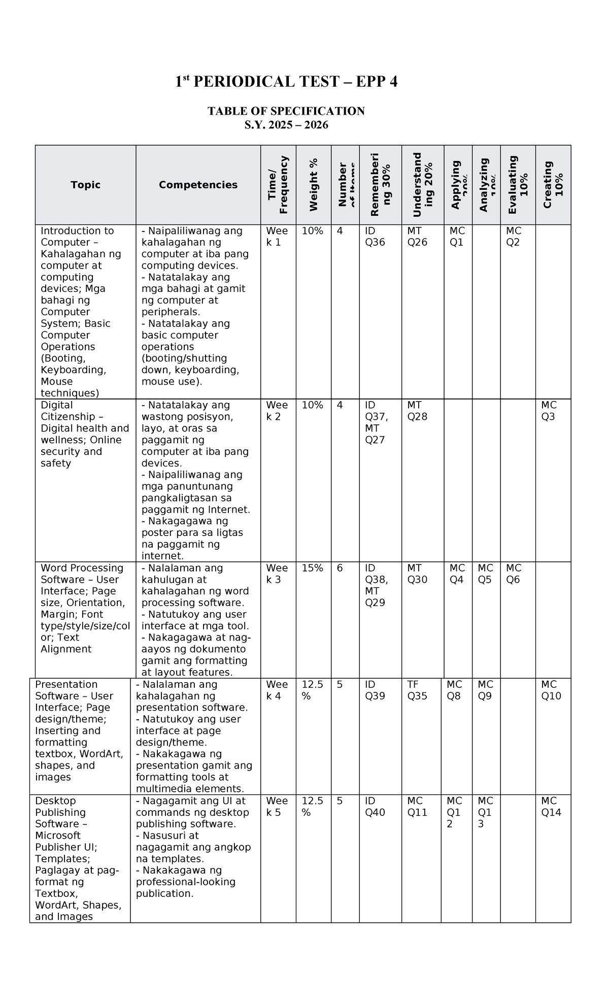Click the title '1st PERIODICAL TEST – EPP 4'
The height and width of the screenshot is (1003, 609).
click(x=286, y=82)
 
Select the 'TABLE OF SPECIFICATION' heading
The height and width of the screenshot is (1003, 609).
click(x=286, y=111)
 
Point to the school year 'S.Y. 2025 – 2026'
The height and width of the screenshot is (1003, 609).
click(x=286, y=125)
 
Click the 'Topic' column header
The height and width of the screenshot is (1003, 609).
click(x=85, y=185)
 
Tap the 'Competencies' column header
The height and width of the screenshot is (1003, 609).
click(x=198, y=185)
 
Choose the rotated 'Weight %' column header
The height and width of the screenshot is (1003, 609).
click(x=314, y=185)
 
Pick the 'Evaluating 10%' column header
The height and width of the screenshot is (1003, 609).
click(x=518, y=185)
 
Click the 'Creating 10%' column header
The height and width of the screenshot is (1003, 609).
click(x=553, y=185)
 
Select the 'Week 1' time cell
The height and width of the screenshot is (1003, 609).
click(x=277, y=237)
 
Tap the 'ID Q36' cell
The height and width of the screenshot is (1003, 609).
click(x=375, y=237)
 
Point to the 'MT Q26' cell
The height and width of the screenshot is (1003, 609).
click(x=417, y=237)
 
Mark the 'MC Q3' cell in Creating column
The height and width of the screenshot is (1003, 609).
click(x=549, y=411)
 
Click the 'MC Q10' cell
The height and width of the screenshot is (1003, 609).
click(x=551, y=690)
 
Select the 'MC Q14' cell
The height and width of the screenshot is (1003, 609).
click(x=551, y=807)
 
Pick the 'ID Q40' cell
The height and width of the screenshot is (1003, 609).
click(x=375, y=807)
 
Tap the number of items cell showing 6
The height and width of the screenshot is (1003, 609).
click(x=340, y=568)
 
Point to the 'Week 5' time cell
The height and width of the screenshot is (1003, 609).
click(x=277, y=807)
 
